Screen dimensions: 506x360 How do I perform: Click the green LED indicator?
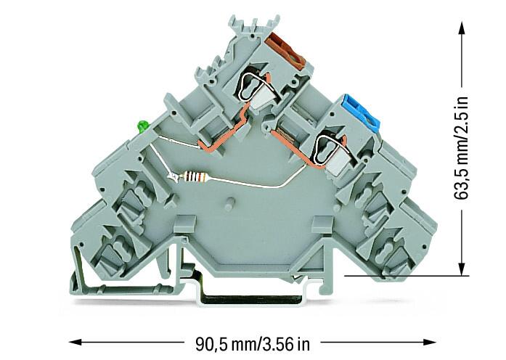point(142,126)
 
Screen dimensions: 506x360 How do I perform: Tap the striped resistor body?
point(194,177)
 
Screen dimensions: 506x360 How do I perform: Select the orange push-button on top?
point(285,51)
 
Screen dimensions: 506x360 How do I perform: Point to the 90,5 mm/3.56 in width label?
point(253,344)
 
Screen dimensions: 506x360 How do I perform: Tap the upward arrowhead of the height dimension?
point(462,28)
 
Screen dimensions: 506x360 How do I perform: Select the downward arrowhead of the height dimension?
point(462,269)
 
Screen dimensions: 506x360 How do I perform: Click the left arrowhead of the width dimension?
point(76,343)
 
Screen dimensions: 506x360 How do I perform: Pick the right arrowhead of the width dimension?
point(430,343)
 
